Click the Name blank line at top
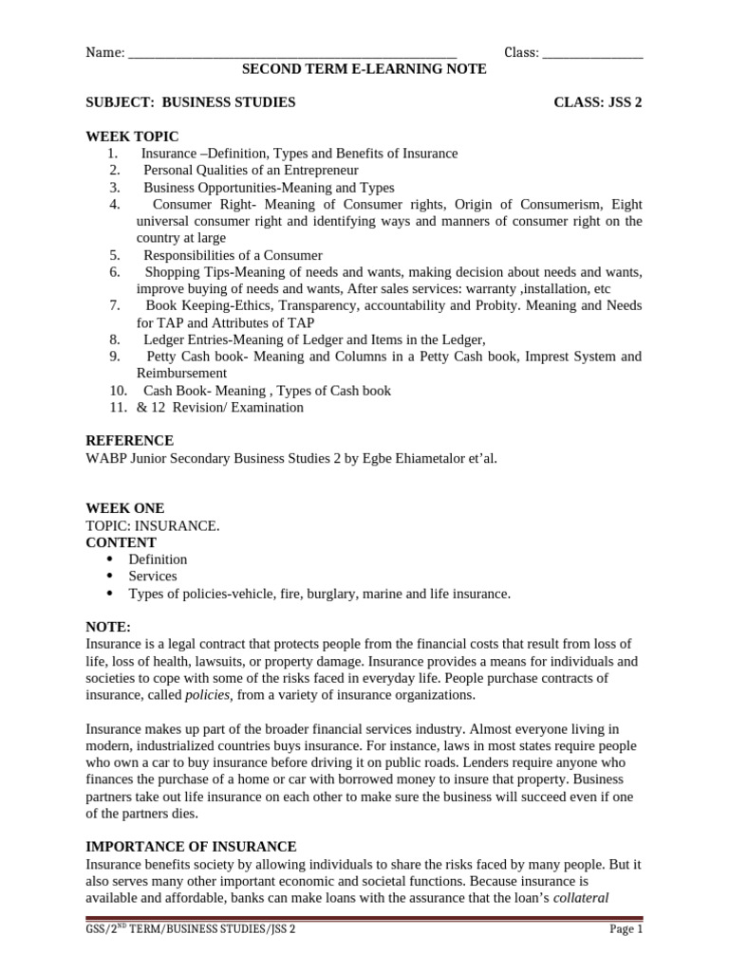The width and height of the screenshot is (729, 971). click(291, 54)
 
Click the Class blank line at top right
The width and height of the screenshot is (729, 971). click(592, 54)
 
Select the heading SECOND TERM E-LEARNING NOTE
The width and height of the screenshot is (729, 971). click(364, 69)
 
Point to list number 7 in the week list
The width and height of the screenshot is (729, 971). click(114, 305)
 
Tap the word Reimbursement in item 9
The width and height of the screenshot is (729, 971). click(181, 374)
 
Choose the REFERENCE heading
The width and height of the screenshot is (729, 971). click(129, 441)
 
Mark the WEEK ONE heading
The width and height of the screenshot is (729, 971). click(124, 508)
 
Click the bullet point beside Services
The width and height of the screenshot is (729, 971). click(108, 577)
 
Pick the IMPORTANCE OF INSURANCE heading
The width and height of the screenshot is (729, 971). click(191, 846)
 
